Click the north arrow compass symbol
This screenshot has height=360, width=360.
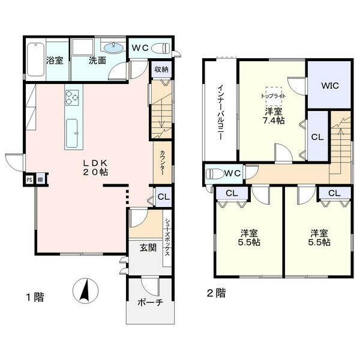click(85, 290)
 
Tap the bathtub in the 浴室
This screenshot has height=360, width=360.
click(35, 59)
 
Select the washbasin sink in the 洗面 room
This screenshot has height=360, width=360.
click(113, 47)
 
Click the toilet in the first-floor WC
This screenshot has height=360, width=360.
click(160, 49)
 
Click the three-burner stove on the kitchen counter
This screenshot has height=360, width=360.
click(72, 98)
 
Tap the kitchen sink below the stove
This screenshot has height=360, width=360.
click(71, 134)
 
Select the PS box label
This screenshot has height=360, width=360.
click(29, 180)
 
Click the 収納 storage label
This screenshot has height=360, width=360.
click(161, 70)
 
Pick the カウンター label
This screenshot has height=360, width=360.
click(163, 163)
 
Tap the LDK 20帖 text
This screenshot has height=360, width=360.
click(95, 167)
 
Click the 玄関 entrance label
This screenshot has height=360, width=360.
click(148, 248)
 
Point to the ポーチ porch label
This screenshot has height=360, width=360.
click(150, 302)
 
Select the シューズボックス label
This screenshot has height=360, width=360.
click(167, 238)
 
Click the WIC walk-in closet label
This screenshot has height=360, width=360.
click(330, 86)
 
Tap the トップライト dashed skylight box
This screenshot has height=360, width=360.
click(274, 96)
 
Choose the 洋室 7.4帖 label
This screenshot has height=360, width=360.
click(274, 116)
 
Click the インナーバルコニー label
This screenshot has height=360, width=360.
click(221, 113)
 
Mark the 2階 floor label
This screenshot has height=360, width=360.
click(216, 293)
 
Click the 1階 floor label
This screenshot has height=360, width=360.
click(35, 297)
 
